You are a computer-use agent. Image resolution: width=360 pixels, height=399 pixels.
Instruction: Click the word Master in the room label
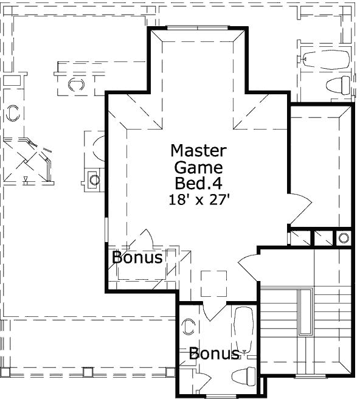pos(198,150)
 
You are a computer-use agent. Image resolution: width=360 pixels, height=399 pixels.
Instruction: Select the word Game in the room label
pos(198,167)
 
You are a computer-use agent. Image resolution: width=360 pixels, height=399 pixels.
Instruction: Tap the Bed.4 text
pos(198,184)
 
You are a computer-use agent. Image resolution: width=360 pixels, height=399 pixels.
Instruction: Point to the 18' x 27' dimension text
pos(198,199)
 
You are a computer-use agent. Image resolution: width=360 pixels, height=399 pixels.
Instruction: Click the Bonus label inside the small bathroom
pos(213,353)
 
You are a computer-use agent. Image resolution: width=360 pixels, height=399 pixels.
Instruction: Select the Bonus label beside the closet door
pos(137,258)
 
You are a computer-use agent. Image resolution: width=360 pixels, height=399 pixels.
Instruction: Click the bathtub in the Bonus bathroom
pos(244,328)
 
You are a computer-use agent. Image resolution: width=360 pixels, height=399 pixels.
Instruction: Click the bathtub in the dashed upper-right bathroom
pos(325,60)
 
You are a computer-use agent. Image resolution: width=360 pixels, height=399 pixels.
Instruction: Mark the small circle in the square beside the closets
pos(343,238)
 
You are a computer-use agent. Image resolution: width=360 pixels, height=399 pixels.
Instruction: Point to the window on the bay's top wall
pos(199,27)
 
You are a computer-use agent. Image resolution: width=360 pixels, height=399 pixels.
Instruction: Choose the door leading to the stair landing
pos(247,266)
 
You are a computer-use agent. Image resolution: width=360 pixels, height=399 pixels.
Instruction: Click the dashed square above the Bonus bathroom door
pos(213,283)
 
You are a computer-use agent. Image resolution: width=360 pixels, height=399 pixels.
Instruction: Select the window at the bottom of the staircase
pos(308,377)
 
